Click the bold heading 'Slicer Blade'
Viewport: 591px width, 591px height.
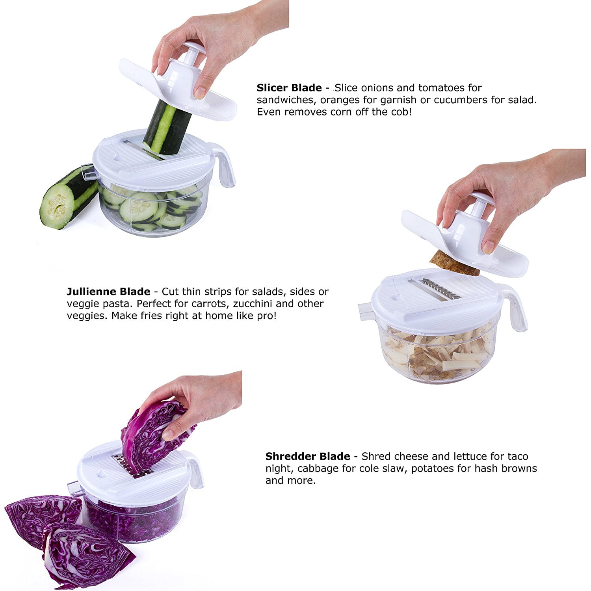[289, 87]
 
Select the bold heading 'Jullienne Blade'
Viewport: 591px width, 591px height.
[108, 292]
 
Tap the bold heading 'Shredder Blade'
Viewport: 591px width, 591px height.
[308, 456]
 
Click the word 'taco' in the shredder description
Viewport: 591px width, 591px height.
[514, 456]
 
